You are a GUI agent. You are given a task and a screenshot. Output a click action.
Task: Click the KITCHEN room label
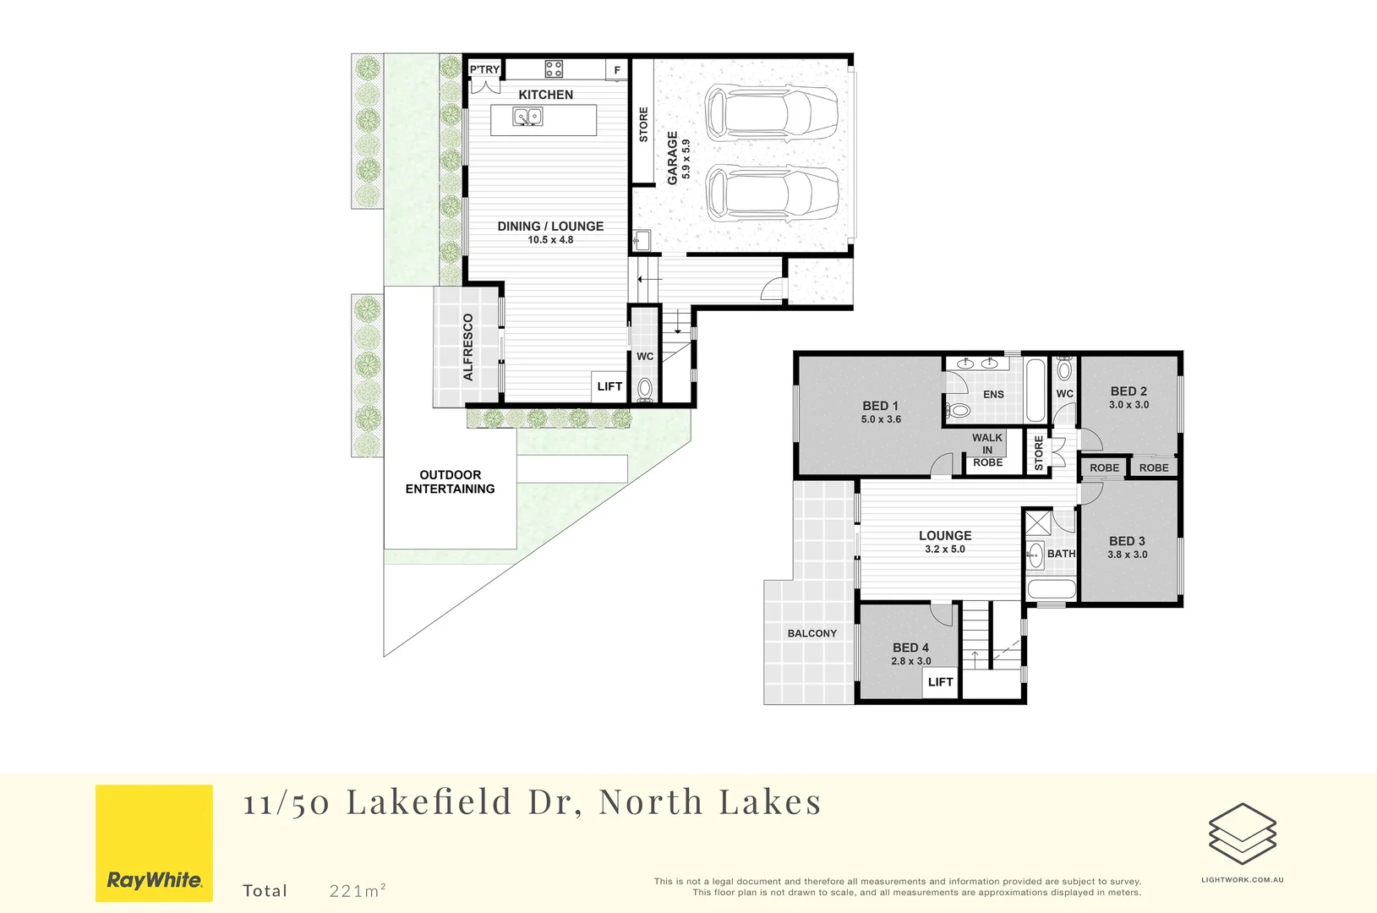pos(545,95)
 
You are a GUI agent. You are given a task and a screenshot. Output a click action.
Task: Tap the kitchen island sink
pos(528,117)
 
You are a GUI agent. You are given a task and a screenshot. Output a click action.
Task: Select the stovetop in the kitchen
pos(554,68)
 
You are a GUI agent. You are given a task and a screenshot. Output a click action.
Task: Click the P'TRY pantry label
pos(484,69)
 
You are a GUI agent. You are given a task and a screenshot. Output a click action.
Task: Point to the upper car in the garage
pos(771,111)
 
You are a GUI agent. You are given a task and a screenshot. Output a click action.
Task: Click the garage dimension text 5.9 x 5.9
pos(686,159)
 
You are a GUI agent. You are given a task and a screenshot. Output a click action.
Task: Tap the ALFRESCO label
pos(468,347)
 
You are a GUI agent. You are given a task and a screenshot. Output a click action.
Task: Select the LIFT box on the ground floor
pos(609,386)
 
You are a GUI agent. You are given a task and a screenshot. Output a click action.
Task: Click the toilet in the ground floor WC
pos(645,389)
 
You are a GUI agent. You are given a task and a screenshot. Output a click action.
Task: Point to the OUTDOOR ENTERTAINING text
pos(450,482)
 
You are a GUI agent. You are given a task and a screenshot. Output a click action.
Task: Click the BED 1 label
pos(880,406)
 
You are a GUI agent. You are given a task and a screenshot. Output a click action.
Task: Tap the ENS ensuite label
pos(993,395)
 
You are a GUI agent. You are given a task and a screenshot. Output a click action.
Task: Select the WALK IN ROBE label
pos(987,450)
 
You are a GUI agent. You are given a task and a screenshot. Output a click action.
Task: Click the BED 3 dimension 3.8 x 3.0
pos(1128,555)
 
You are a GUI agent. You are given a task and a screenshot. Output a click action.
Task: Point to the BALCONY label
pos(811,633)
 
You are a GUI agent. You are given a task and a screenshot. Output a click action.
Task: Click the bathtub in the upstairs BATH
pos(1051,589)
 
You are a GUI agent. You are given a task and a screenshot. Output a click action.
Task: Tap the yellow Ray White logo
pos(154,843)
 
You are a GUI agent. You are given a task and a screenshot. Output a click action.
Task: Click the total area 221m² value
pos(358,890)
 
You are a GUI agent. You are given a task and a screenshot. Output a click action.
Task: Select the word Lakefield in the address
pos(429,801)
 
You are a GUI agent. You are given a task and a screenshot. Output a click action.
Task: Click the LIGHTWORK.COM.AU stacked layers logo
pos(1242,834)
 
